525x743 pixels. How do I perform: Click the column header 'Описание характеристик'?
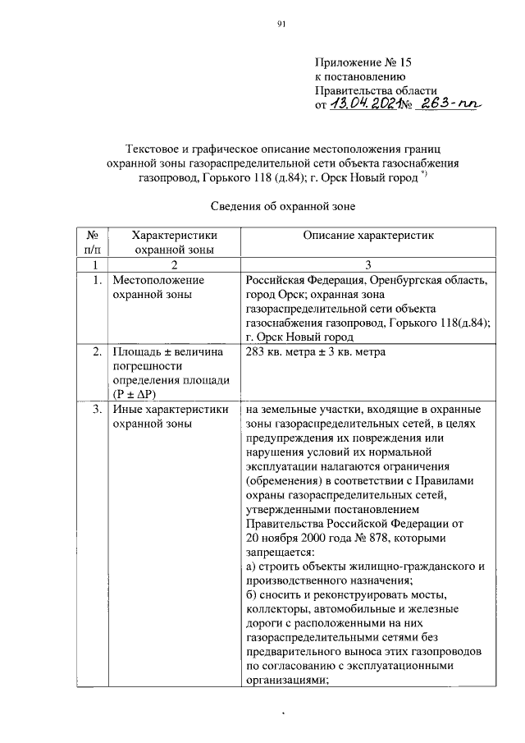click(x=367, y=236)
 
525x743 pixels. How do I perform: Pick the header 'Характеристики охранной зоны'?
click(x=173, y=242)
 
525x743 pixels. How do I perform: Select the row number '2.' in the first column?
click(x=97, y=352)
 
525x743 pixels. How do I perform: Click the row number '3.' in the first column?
click(x=97, y=409)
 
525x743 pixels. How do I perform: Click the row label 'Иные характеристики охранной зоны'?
click(x=170, y=416)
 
